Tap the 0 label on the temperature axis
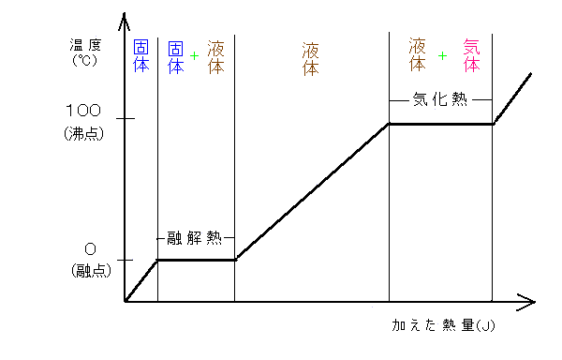(x=90, y=250)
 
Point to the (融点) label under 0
(x=90, y=271)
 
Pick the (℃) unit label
(x=84, y=59)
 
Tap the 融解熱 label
(x=195, y=237)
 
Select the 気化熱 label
(x=439, y=99)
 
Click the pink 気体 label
(x=471, y=56)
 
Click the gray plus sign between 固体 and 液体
(x=194, y=56)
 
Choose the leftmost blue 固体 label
(x=141, y=56)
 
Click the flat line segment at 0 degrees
(x=195, y=260)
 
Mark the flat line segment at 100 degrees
(x=440, y=124)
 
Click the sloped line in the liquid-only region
(x=311, y=192)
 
